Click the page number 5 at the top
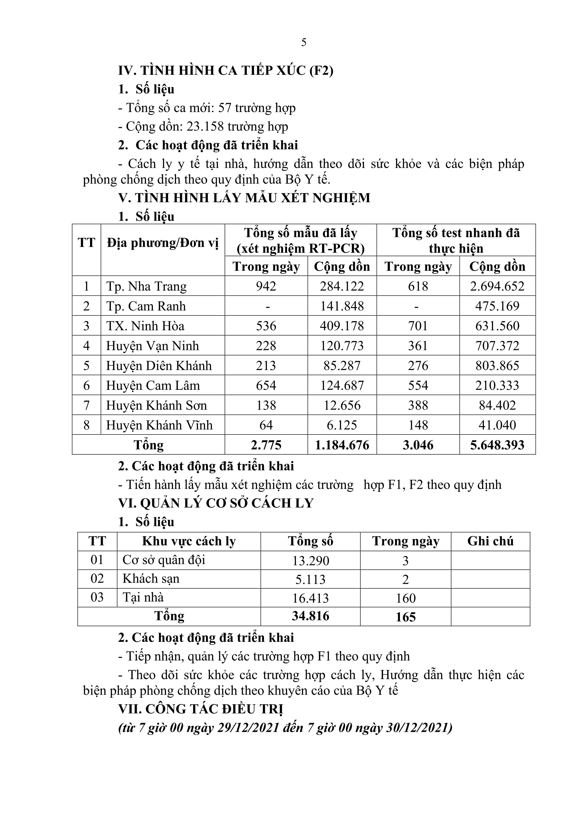304,43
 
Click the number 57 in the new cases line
225,108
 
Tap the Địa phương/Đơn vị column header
163,243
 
